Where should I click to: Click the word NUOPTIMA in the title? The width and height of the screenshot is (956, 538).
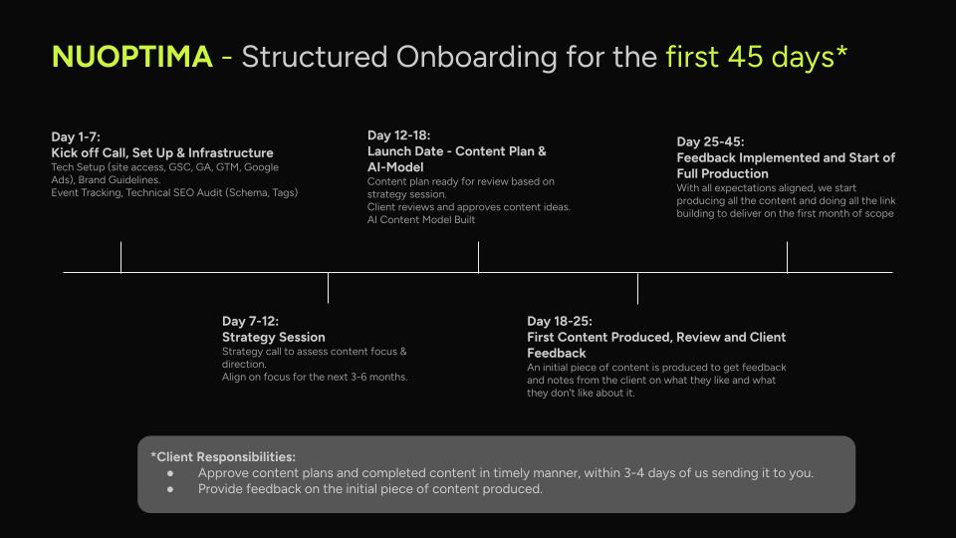(131, 57)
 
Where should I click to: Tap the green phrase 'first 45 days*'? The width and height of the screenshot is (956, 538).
(756, 57)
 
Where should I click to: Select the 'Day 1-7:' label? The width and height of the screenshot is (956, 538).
(76, 136)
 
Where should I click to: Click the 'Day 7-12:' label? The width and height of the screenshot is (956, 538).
(250, 321)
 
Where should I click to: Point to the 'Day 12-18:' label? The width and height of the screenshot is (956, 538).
(398, 135)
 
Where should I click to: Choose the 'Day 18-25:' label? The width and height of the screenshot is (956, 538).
(560, 321)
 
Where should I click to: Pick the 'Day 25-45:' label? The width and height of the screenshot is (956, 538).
(710, 141)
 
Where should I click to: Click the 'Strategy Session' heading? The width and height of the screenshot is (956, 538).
(274, 337)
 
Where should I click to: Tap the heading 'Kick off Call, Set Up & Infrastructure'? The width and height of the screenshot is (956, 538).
(162, 152)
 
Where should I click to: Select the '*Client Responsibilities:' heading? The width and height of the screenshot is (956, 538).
(223, 456)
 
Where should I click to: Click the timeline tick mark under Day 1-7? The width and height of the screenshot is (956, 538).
(120, 257)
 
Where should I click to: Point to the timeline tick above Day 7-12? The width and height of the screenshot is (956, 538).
(328, 287)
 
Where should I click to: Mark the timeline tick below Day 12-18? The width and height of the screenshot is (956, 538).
(478, 257)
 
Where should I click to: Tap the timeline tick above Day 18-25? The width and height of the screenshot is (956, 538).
(637, 287)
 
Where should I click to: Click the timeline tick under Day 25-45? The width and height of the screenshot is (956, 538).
(787, 257)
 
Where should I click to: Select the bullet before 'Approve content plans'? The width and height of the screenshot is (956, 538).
(172, 473)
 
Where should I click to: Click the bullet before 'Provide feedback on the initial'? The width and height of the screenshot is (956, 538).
(172, 489)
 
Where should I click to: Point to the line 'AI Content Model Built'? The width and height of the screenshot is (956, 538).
(421, 220)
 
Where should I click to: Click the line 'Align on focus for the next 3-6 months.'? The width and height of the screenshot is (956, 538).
(315, 377)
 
